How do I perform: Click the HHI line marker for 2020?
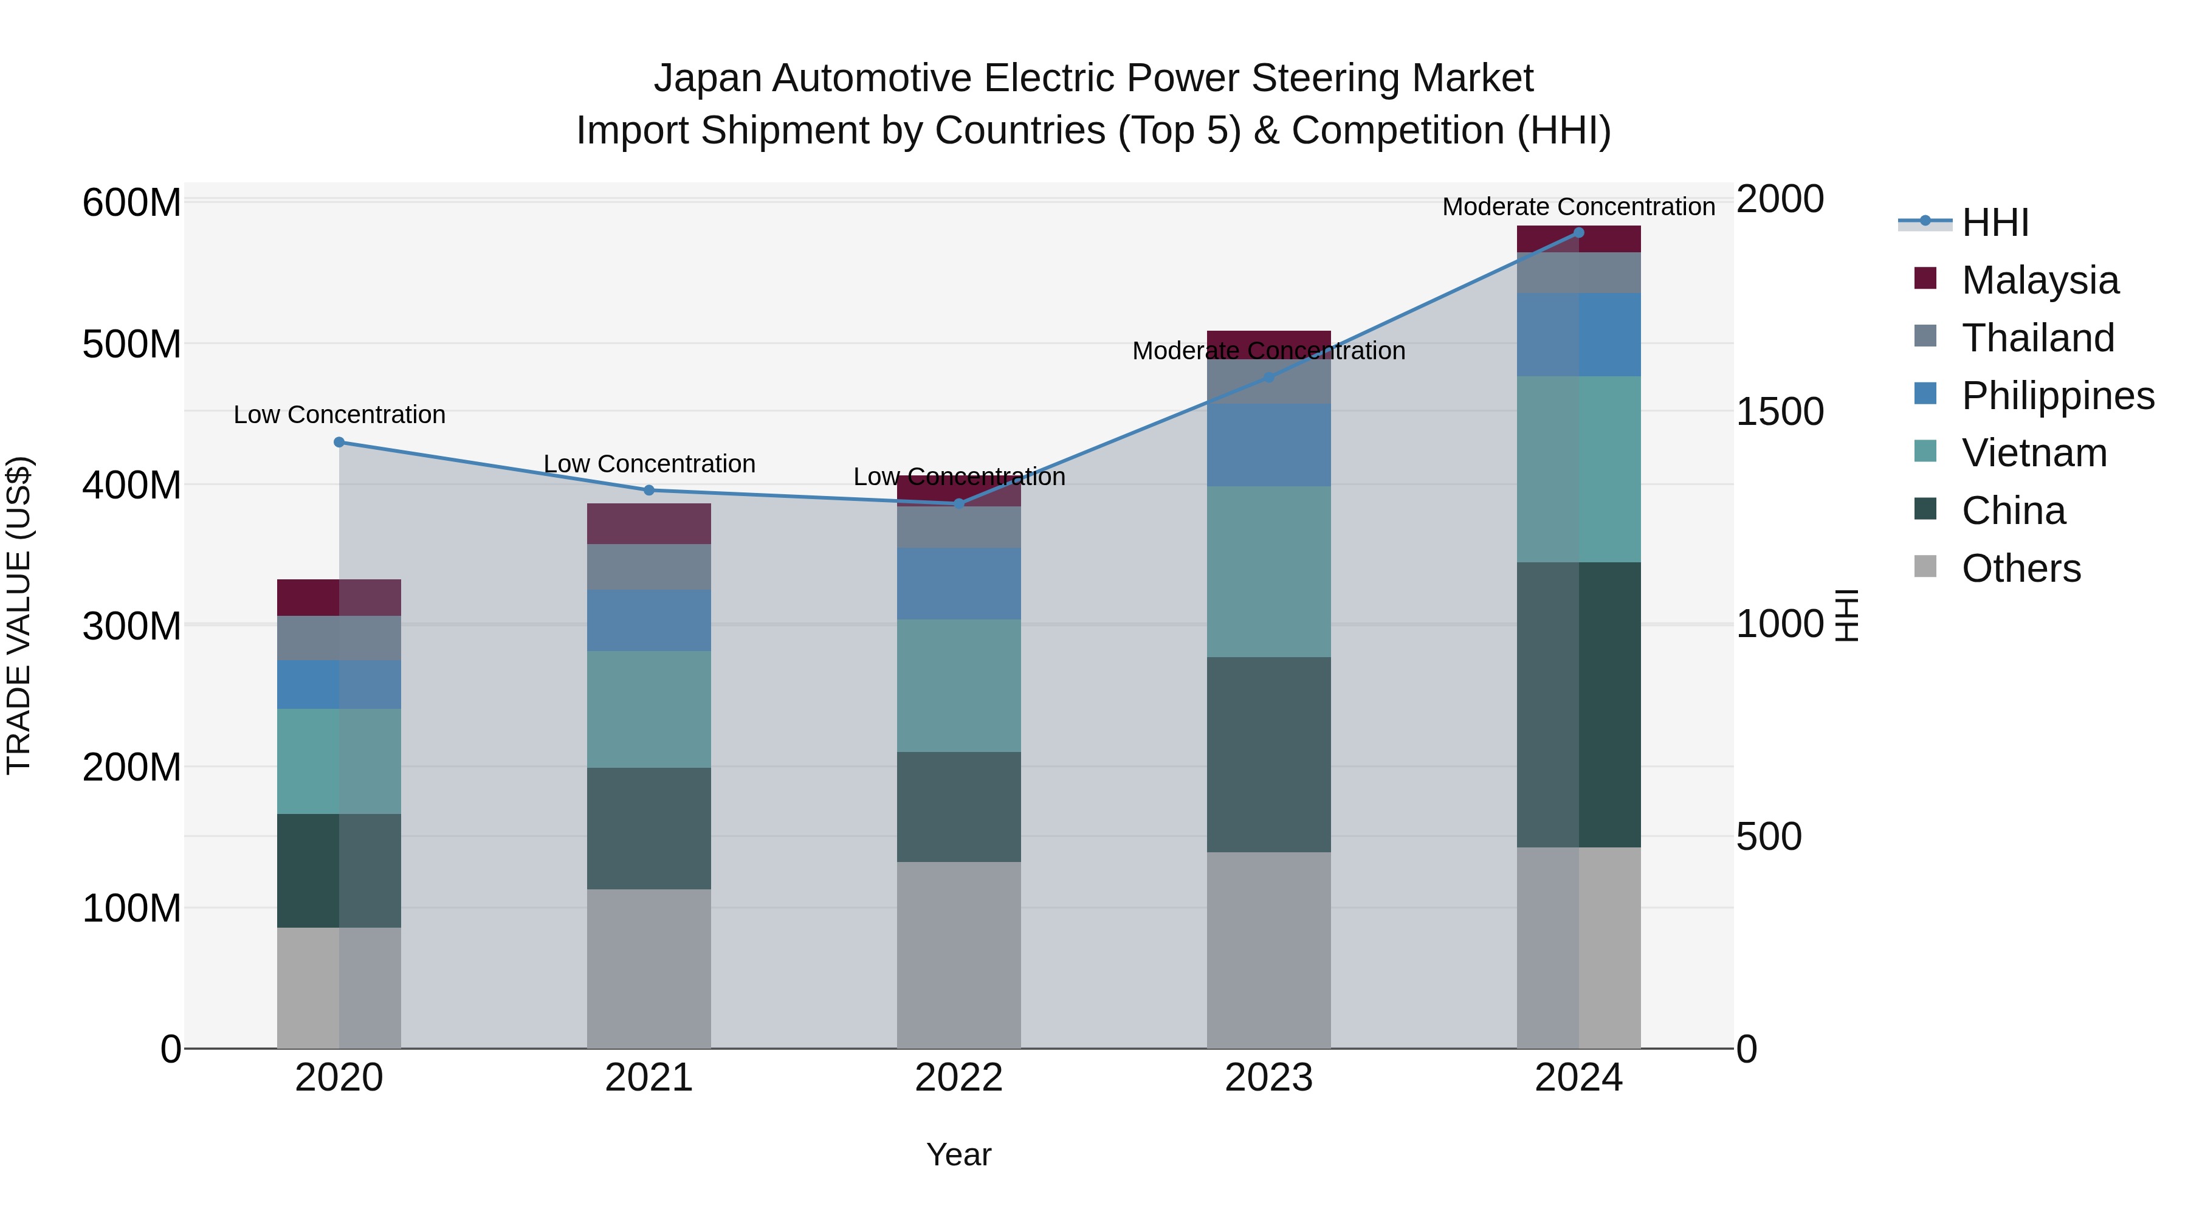(x=339, y=442)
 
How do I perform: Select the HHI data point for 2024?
(x=1578, y=232)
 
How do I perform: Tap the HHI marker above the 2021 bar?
(x=649, y=490)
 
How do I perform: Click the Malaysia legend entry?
(x=2038, y=280)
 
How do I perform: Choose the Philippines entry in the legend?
(x=2056, y=395)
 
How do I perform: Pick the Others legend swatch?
(x=1925, y=567)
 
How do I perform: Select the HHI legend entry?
(x=1994, y=222)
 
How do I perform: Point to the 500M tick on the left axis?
(x=132, y=344)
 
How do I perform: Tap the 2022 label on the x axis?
(x=959, y=1077)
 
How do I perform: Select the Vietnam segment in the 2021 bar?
(x=649, y=709)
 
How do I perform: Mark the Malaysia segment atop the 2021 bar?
(x=649, y=523)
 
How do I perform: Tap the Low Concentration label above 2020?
(x=339, y=415)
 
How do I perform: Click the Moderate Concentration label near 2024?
(x=1578, y=207)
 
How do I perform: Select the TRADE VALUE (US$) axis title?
(x=19, y=615)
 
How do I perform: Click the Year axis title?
(x=959, y=1154)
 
